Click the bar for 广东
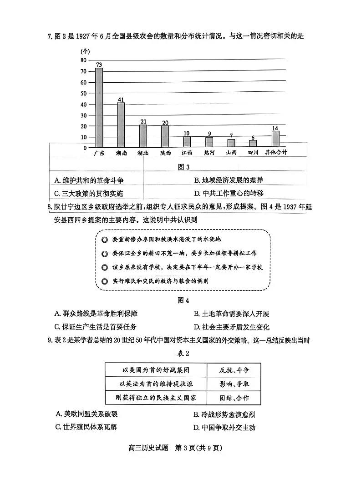pyautogui.click(x=99, y=107)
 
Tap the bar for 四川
pyautogui.click(x=253, y=143)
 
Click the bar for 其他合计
pyautogui.click(x=275, y=139)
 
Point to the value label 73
pyautogui.click(x=99, y=64)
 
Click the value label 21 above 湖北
pyautogui.click(x=143, y=121)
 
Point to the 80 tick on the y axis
pyautogui.click(x=83, y=60)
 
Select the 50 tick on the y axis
pyautogui.click(x=83, y=93)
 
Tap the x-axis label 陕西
pyautogui.click(x=165, y=153)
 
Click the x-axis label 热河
pyautogui.click(x=209, y=153)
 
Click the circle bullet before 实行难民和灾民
pyautogui.click(x=105, y=281)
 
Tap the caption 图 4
pyautogui.click(x=182, y=300)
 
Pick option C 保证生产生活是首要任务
pyautogui.click(x=95, y=327)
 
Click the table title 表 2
pyautogui.click(x=183, y=353)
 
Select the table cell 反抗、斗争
pyautogui.click(x=234, y=369)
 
